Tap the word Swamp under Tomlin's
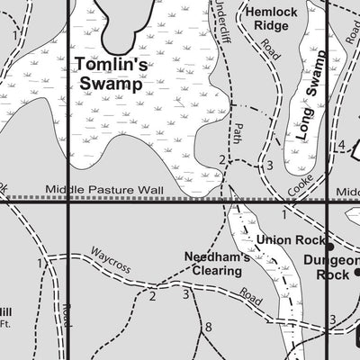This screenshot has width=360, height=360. pos(111,85)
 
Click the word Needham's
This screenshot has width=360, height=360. pos(217,255)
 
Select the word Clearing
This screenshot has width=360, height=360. pos(217,270)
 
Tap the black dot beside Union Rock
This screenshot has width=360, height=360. pos(329,246)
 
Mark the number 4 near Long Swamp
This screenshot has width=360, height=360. pos(341,146)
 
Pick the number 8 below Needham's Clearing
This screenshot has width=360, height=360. pos(208,326)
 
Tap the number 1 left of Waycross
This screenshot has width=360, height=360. pos(40,263)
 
